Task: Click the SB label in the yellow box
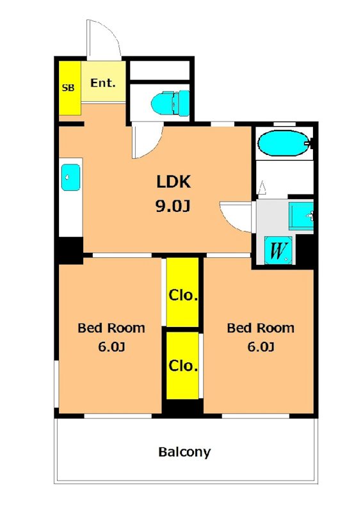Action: point(69,88)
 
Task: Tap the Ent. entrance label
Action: point(103,83)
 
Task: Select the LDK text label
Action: point(173,182)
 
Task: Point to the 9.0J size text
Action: point(173,205)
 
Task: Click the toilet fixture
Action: point(170,103)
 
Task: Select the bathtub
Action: point(284,143)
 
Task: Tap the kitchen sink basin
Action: point(71,177)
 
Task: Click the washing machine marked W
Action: point(278,250)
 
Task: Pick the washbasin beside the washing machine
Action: point(301,216)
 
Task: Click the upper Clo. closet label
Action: point(183,295)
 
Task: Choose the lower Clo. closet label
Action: point(183,365)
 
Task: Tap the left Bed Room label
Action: point(111,328)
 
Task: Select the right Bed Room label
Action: point(261,328)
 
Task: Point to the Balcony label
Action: point(184,452)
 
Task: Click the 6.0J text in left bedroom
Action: point(111,346)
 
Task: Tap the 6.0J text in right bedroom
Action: point(261,346)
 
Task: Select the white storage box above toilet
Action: point(160,70)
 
